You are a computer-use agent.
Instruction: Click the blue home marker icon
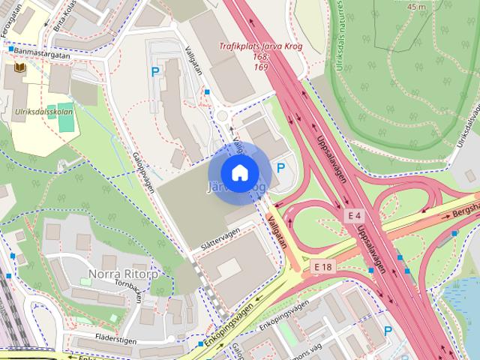click(x=239, y=173)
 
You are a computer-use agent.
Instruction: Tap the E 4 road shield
click(x=355, y=215)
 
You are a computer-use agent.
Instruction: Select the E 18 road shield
click(x=323, y=267)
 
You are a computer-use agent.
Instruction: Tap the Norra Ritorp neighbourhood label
click(x=123, y=273)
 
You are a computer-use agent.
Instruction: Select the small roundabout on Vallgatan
click(x=223, y=116)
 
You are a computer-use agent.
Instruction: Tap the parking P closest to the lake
click(x=388, y=331)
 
